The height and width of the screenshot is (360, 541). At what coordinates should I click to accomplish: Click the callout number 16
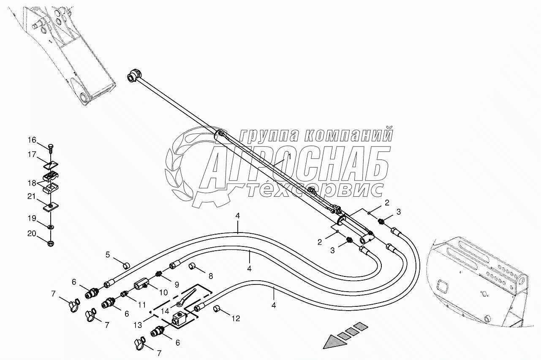pos(33,141)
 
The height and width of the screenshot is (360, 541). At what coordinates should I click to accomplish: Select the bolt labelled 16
pos(51,148)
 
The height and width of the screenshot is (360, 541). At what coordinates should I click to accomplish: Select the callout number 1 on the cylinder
pos(290,157)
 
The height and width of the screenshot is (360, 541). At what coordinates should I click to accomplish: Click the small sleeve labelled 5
pos(126,265)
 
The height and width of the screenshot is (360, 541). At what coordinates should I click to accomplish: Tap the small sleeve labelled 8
pos(193,267)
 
